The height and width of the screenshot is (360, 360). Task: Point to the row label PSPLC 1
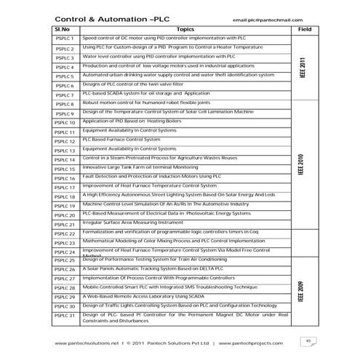tap(64, 37)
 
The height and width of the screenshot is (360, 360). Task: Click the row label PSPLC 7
tap(64, 95)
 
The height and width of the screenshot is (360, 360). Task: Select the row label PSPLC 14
tap(64, 159)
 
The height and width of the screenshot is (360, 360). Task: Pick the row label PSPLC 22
tap(64, 234)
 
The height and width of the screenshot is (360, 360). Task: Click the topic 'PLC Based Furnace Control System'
tap(121, 138)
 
